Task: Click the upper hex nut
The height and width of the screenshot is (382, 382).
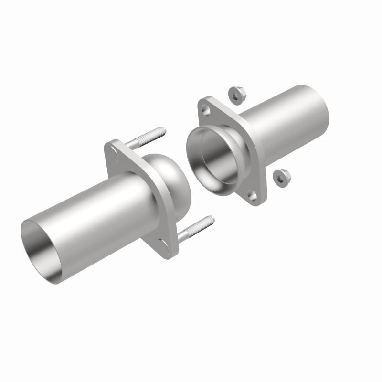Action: (234, 94)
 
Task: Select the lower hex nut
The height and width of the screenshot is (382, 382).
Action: (279, 178)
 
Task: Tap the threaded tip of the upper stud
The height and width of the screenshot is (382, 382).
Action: (162, 130)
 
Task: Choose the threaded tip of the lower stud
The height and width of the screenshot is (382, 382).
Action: (210, 221)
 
